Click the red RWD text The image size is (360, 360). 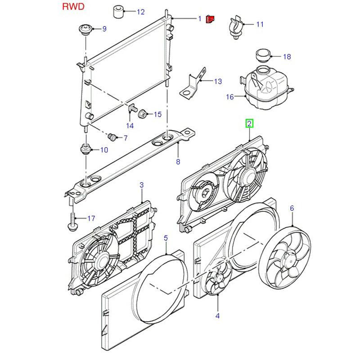[x=72, y=8]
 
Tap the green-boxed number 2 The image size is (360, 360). [x=249, y=123]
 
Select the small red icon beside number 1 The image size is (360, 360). [x=210, y=19]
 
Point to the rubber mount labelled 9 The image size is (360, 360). [x=85, y=31]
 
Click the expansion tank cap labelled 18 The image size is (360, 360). [x=262, y=55]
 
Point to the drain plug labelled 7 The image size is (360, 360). [x=113, y=136]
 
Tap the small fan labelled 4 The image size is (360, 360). [x=217, y=283]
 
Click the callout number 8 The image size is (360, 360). [x=178, y=162]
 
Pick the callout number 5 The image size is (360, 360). [x=166, y=237]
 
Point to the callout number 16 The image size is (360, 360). [x=230, y=96]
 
